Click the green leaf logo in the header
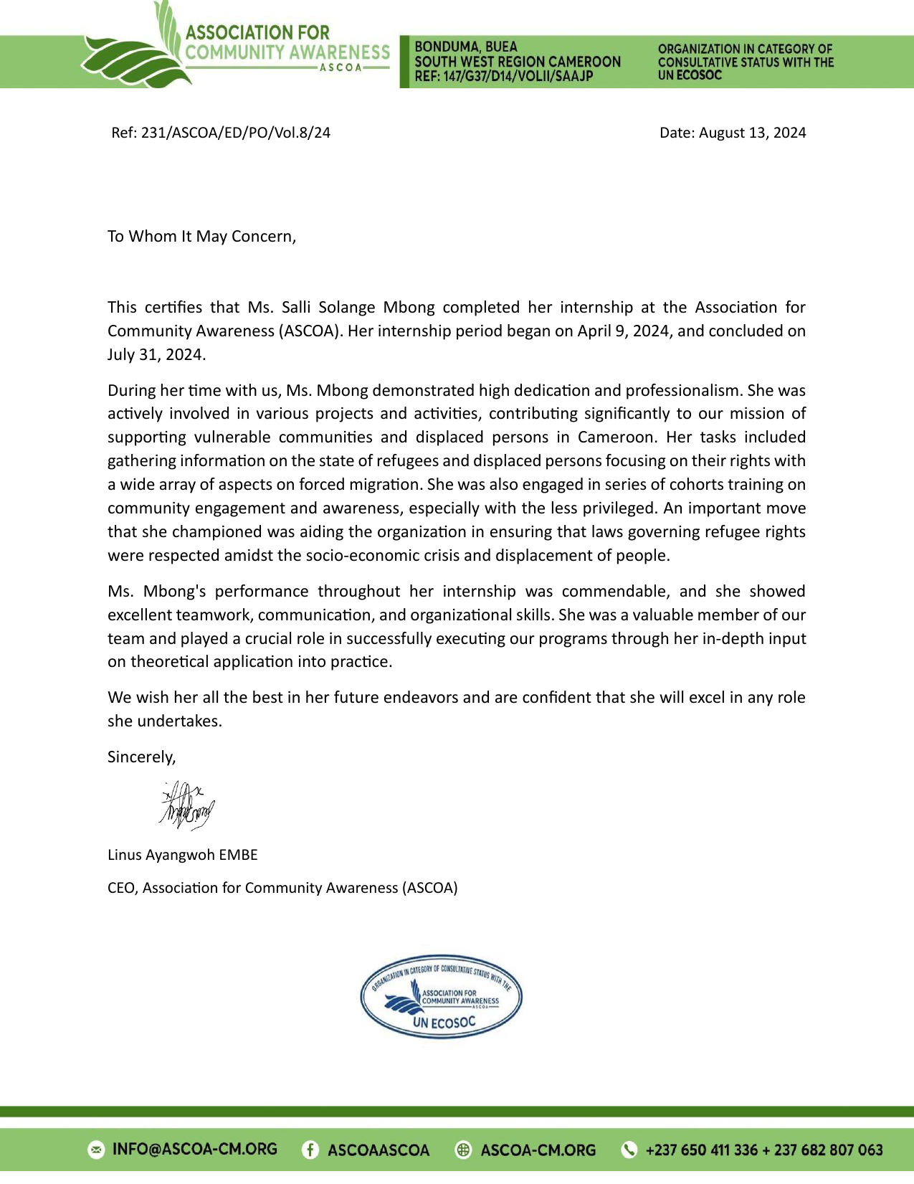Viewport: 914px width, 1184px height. click(x=136, y=50)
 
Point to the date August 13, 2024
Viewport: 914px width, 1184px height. click(x=752, y=133)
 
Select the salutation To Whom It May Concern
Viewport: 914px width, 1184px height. click(x=201, y=237)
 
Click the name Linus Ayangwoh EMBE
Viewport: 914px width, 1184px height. click(x=183, y=855)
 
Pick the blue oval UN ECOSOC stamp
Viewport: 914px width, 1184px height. click(x=441, y=997)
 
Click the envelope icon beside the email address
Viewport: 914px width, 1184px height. click(x=96, y=1150)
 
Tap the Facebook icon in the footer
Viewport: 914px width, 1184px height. click(x=310, y=1150)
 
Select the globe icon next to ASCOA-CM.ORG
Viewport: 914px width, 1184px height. click(x=464, y=1150)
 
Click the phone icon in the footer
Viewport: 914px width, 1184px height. click(x=629, y=1150)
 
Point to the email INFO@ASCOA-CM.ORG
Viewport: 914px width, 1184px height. click(x=195, y=1150)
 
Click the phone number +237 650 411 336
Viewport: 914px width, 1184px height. click(x=701, y=1150)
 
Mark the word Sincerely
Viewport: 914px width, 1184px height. click(x=141, y=757)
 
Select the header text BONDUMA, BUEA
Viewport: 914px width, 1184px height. click(x=466, y=47)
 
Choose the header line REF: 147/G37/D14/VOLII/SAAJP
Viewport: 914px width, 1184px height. click(x=504, y=76)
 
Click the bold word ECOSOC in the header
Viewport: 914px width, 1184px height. click(x=699, y=75)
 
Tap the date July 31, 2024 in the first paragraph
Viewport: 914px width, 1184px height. click(x=156, y=355)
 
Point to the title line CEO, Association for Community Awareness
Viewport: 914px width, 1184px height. click(x=282, y=888)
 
